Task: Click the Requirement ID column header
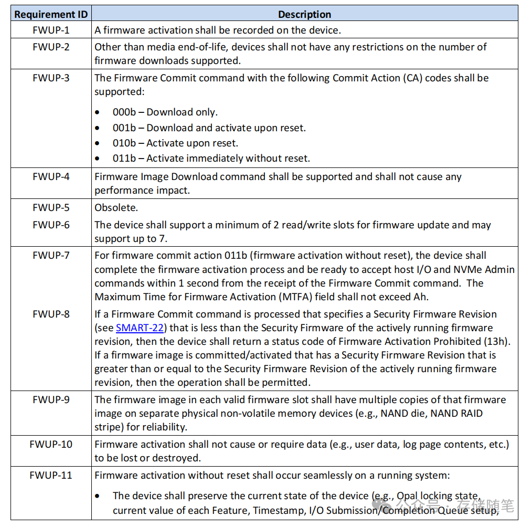click(51, 14)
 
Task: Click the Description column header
click(304, 14)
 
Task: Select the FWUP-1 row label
click(51, 30)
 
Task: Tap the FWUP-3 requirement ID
click(51, 78)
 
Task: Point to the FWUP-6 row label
click(51, 225)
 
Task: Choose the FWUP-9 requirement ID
click(51, 399)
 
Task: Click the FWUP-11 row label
click(51, 475)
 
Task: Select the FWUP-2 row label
click(51, 47)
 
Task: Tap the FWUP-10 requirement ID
click(51, 444)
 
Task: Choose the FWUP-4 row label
click(51, 176)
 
